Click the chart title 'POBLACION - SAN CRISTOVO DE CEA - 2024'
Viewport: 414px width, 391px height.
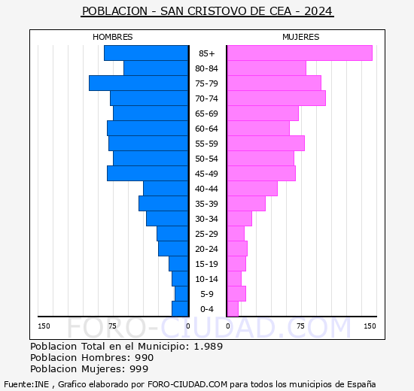point(207,12)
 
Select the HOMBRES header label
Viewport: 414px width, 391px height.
point(112,37)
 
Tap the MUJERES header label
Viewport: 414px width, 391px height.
point(300,37)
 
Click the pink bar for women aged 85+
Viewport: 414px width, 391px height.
point(299,53)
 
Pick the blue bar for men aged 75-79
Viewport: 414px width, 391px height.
point(138,83)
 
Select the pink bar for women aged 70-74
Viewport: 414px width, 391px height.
point(275,98)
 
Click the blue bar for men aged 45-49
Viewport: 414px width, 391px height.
point(147,173)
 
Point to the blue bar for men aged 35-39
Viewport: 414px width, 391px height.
point(163,203)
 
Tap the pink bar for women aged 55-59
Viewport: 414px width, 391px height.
point(265,143)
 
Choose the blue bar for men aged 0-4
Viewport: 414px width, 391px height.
point(179,308)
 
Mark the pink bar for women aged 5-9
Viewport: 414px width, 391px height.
point(236,293)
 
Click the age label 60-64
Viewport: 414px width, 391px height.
point(206,129)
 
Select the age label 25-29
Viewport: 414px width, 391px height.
point(206,234)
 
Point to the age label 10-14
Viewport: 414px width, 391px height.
point(206,279)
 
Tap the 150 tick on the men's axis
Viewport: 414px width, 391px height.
point(44,326)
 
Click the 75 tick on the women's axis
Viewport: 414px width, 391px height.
point(300,326)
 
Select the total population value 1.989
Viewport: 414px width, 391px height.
point(208,347)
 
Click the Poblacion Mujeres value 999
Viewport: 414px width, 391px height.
point(139,369)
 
